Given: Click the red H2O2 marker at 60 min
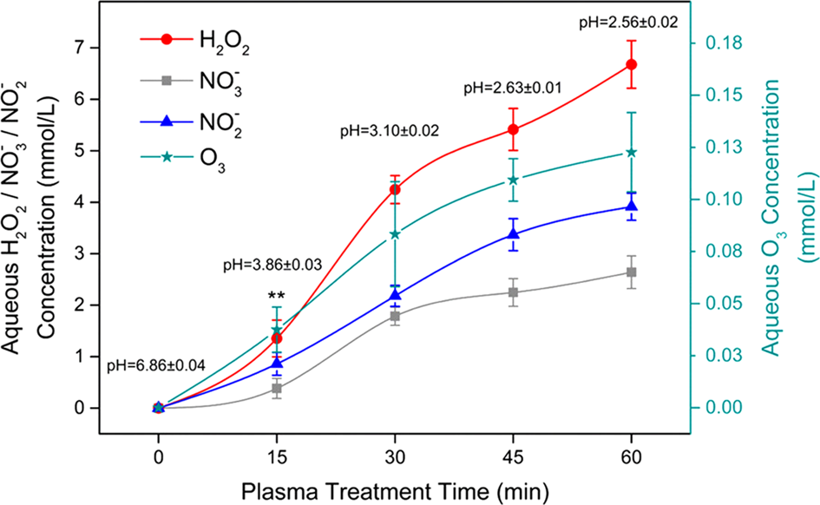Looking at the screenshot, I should point(632,64).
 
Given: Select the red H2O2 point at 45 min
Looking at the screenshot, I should point(514,129).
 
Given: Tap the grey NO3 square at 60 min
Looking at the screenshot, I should point(632,272).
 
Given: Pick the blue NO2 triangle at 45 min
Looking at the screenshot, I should point(514,233).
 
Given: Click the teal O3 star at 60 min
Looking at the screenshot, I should point(632,152).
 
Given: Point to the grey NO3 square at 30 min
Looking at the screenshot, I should point(395,317).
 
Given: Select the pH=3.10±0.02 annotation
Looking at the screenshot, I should point(388,131).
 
